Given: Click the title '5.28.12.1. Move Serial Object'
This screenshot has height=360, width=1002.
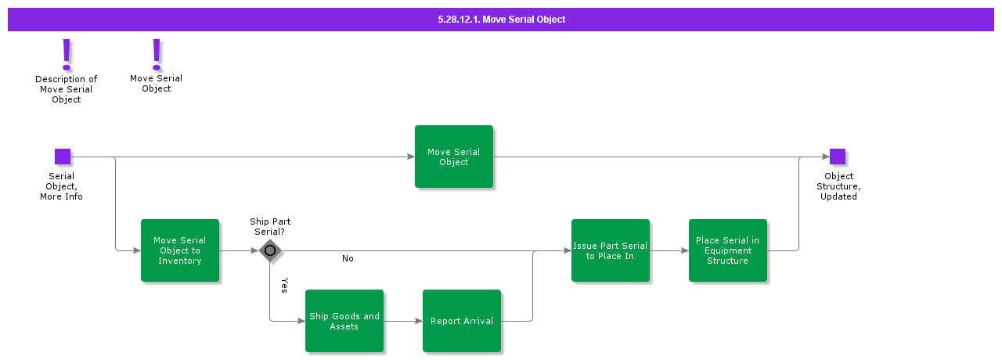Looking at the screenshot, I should (501, 19).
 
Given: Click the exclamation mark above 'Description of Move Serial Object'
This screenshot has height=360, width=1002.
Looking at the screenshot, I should (67, 55).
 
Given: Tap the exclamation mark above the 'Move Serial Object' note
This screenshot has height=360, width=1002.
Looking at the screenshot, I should (157, 54).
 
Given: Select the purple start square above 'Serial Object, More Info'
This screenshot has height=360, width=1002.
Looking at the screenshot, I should (63, 157).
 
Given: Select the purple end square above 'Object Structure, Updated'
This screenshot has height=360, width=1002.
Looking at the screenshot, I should (838, 157).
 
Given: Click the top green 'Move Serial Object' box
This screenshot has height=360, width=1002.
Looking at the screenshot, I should (454, 157).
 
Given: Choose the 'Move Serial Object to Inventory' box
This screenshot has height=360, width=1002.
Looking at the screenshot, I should (180, 250).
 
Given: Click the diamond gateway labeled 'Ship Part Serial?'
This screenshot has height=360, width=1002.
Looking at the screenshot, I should (270, 250).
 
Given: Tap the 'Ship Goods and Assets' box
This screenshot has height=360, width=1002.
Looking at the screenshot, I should (344, 321).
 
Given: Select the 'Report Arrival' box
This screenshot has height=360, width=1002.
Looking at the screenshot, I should (462, 321).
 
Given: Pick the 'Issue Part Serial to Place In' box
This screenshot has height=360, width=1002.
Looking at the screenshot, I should (611, 250).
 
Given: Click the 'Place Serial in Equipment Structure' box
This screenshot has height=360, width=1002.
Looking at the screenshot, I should (728, 250).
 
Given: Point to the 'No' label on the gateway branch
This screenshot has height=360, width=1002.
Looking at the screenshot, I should (348, 258).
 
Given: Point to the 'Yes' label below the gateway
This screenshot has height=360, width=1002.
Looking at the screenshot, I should (284, 285).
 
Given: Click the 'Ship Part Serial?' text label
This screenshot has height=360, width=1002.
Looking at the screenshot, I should (270, 227).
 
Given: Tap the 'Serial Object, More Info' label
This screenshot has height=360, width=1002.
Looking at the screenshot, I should (62, 186).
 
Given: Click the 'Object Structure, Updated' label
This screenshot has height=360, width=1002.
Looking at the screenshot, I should (838, 186).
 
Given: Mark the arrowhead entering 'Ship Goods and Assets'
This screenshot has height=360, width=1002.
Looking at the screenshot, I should (301, 321).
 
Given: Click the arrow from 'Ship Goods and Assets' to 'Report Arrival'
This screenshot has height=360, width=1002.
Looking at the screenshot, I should (403, 321).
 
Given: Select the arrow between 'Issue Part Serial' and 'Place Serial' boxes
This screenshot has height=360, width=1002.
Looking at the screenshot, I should (669, 250).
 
